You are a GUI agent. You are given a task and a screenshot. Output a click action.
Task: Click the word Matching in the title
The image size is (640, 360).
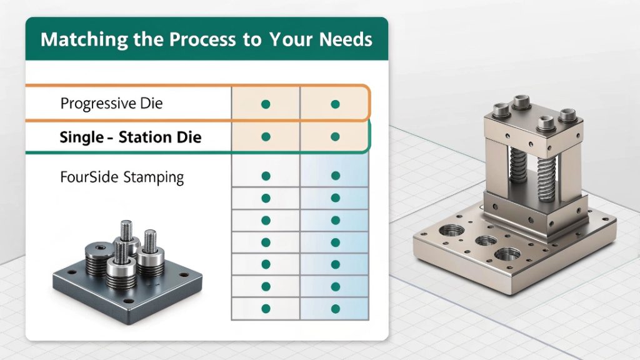(84, 40)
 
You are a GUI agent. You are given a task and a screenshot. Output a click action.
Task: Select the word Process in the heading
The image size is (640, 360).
(202, 39)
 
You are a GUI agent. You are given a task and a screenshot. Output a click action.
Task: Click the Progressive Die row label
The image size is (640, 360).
(111, 103)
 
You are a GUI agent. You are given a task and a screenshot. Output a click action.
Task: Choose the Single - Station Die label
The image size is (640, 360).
(131, 137)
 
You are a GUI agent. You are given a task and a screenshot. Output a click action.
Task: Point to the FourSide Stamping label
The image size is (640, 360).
(122, 177)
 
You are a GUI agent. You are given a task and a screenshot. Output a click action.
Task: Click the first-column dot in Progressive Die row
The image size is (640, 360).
(266, 104)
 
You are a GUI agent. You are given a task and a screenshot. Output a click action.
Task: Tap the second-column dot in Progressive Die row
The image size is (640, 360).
(335, 104)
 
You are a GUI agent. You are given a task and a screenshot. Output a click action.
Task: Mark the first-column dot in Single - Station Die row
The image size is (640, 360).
(266, 137)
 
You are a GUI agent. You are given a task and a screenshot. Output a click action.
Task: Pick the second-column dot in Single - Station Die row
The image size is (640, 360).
(335, 137)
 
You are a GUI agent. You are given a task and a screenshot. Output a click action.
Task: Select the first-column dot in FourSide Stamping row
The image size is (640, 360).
(266, 176)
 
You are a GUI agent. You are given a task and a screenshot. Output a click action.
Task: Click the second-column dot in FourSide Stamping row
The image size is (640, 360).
(336, 176)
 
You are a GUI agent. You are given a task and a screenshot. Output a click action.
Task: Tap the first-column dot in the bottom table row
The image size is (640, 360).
(266, 309)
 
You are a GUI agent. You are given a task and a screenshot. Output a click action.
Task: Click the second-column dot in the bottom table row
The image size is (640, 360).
(336, 309)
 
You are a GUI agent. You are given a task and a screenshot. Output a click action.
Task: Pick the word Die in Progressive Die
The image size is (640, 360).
(151, 103)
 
